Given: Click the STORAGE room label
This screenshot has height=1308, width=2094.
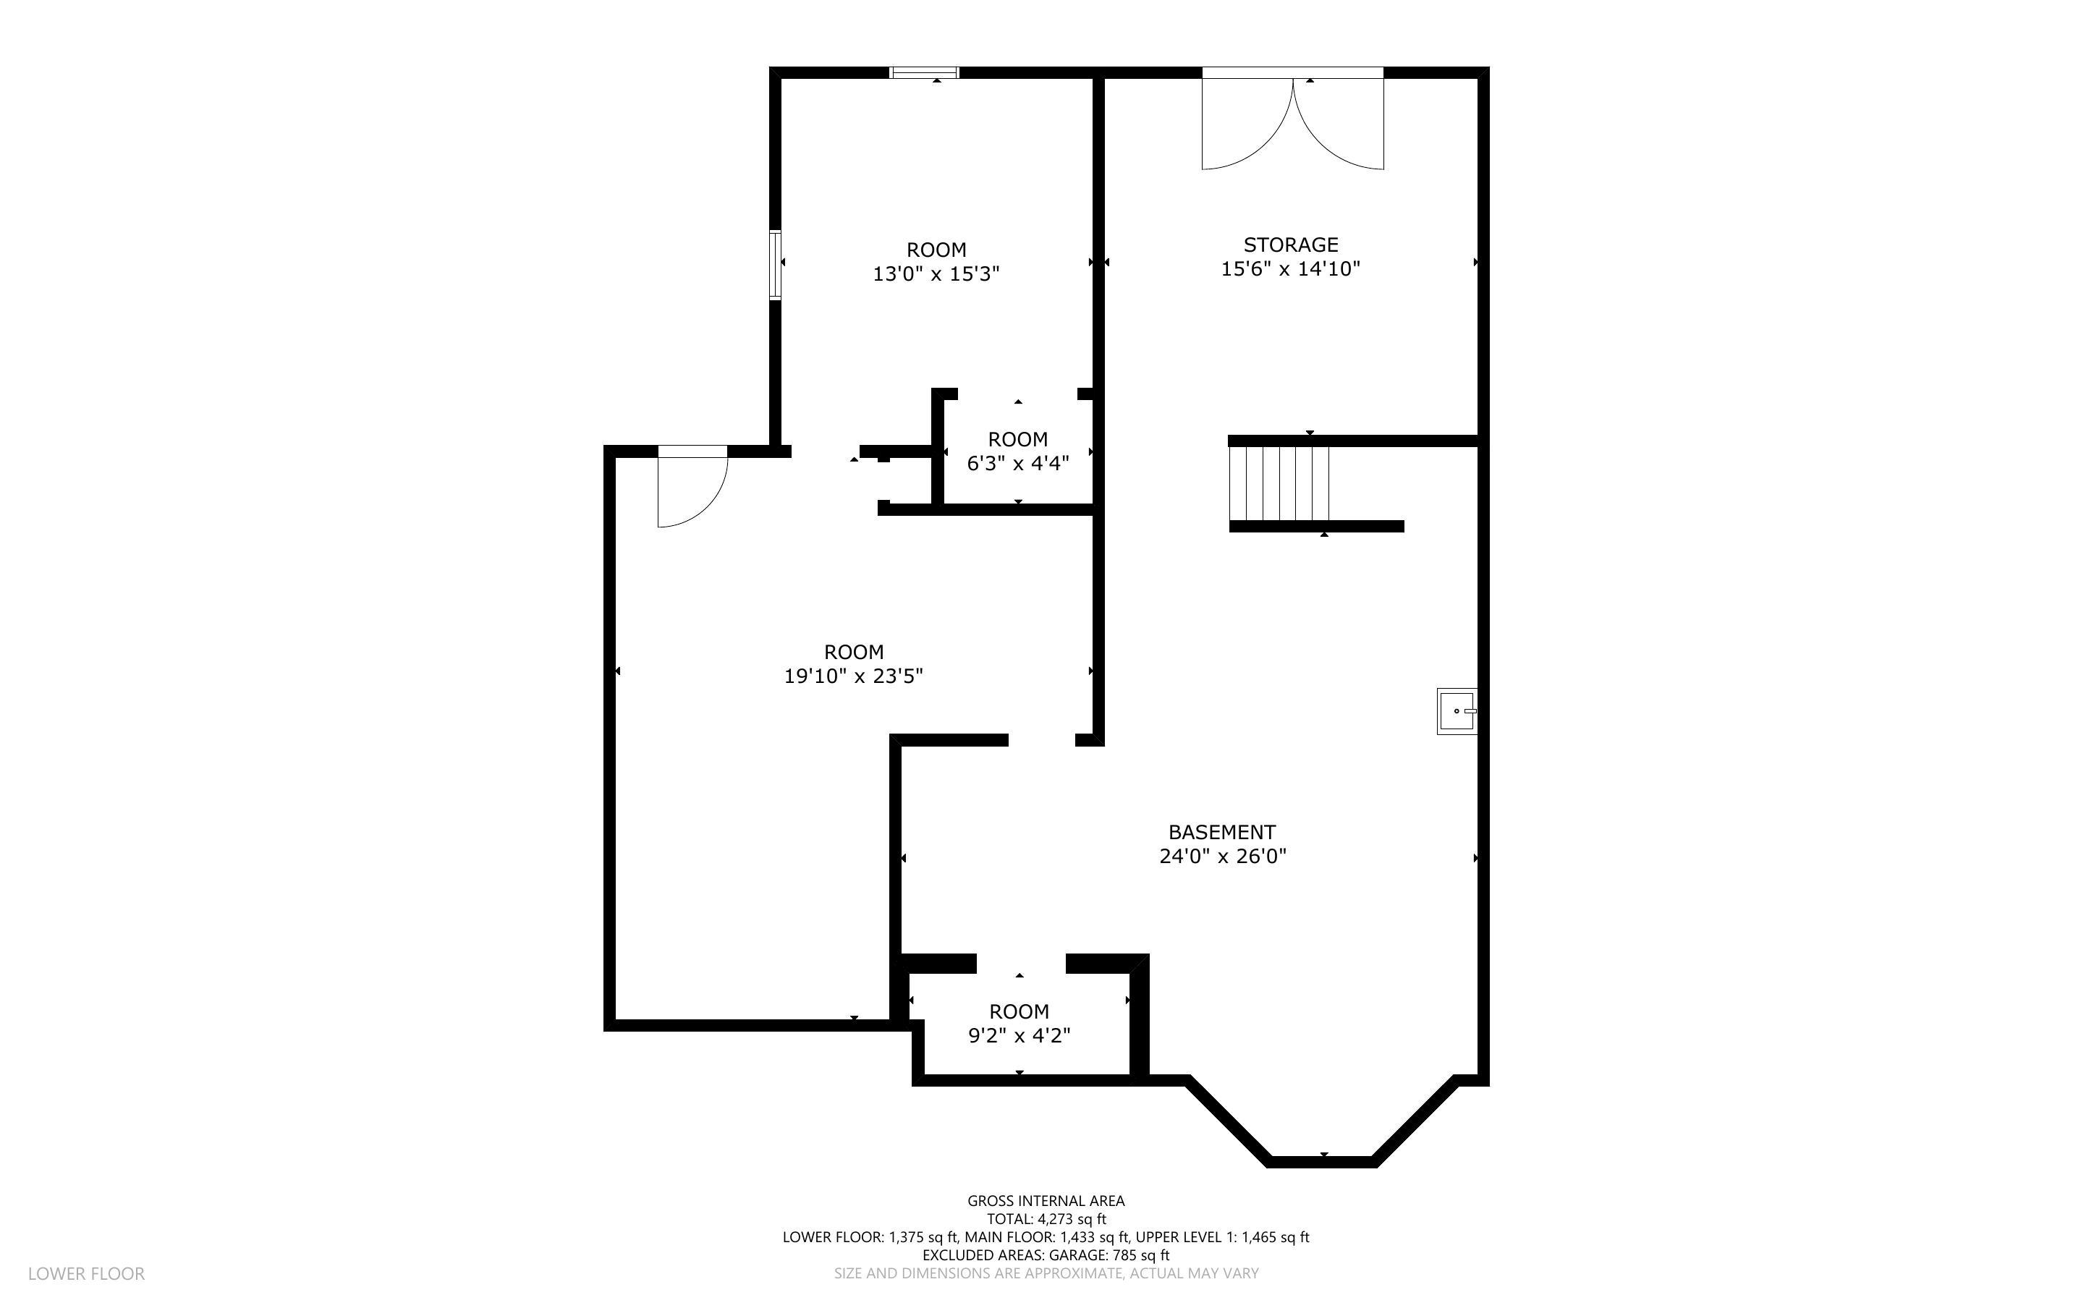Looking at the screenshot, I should click(1290, 245).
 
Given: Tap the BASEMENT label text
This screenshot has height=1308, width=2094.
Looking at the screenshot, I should click(1221, 832).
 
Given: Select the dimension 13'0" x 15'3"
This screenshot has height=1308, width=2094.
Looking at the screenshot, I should click(936, 274).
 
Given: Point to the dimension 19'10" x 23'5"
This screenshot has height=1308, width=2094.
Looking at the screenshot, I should click(853, 676).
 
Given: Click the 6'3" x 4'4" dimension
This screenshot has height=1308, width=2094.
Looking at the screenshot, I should click(1017, 464).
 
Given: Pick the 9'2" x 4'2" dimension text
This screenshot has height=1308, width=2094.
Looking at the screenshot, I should click(1019, 1035).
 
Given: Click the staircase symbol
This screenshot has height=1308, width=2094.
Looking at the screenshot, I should click(1279, 483).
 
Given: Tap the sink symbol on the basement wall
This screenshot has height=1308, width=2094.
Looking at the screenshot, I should click(1457, 711).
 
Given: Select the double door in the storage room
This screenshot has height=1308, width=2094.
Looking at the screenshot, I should click(1292, 121).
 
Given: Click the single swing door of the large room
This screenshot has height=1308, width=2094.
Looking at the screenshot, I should click(691, 489).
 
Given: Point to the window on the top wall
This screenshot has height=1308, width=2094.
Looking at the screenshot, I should click(925, 72).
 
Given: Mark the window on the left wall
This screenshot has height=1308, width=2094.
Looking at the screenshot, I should click(776, 265).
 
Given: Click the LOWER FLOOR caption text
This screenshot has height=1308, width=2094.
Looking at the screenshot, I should click(87, 1273).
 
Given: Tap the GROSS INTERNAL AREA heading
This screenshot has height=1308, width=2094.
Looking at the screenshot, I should click(1046, 1201).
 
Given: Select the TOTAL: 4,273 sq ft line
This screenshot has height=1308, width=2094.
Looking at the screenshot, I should click(1046, 1219).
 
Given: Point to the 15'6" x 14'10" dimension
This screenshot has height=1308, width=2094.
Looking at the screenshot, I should click(1290, 269).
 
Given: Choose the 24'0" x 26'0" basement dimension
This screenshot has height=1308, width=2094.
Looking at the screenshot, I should click(1222, 857).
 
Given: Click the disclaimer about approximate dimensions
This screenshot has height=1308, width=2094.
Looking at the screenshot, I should click(1046, 1273).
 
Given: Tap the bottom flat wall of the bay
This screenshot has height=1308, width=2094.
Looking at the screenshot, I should click(1322, 1162).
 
